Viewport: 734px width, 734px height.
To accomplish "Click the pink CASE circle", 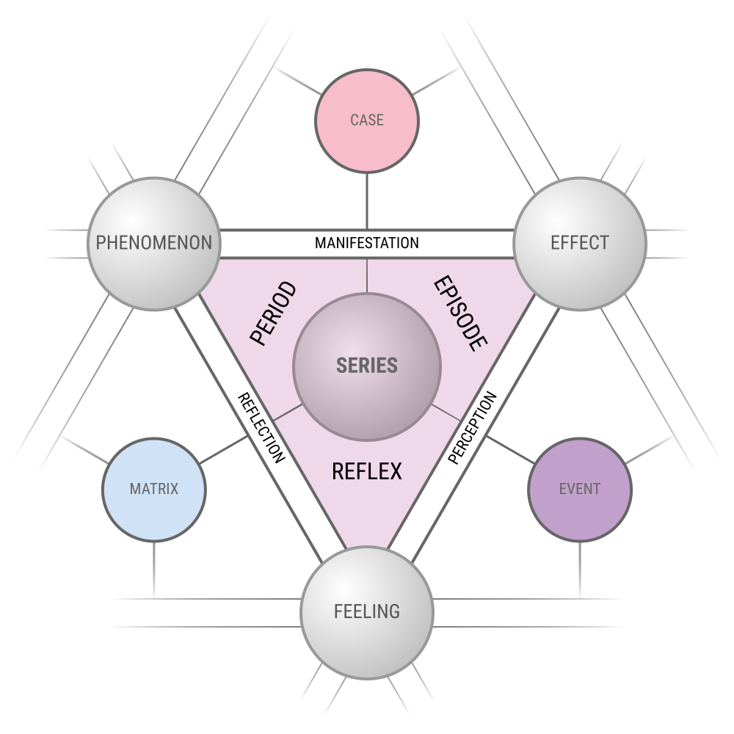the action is tap(366, 121).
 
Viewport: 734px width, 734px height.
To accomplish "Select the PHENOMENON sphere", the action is tap(154, 244).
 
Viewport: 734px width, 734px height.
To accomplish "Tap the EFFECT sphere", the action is tap(580, 244).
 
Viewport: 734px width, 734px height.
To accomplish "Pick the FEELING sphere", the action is tap(366, 612).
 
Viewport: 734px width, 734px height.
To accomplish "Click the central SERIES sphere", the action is tap(366, 366).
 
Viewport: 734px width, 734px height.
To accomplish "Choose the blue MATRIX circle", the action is tap(154, 490).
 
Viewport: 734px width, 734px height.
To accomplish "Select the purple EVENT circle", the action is tap(580, 490).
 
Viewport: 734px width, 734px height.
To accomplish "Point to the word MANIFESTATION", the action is tap(366, 243).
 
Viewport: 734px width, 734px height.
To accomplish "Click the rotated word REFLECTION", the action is tap(261, 428).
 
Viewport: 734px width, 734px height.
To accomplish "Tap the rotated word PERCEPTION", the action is tap(472, 428).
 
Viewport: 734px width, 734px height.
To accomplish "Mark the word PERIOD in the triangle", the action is tap(273, 313).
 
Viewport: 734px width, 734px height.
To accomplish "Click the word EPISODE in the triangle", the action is tap(461, 313).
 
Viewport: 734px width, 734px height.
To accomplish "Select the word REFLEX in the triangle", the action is tap(366, 471).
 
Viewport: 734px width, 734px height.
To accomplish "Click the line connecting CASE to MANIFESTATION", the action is tap(366, 201).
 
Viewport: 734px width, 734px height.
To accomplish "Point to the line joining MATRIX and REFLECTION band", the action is tap(224, 450).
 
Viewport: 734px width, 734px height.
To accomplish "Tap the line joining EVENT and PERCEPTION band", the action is tap(510, 450).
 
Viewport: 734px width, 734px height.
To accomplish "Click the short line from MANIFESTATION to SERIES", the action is tap(366, 276).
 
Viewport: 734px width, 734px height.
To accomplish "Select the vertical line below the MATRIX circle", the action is tap(154, 570).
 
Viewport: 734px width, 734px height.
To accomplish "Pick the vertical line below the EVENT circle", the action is tap(580, 570).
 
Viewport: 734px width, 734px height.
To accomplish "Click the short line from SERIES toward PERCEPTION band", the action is tap(446, 413).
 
